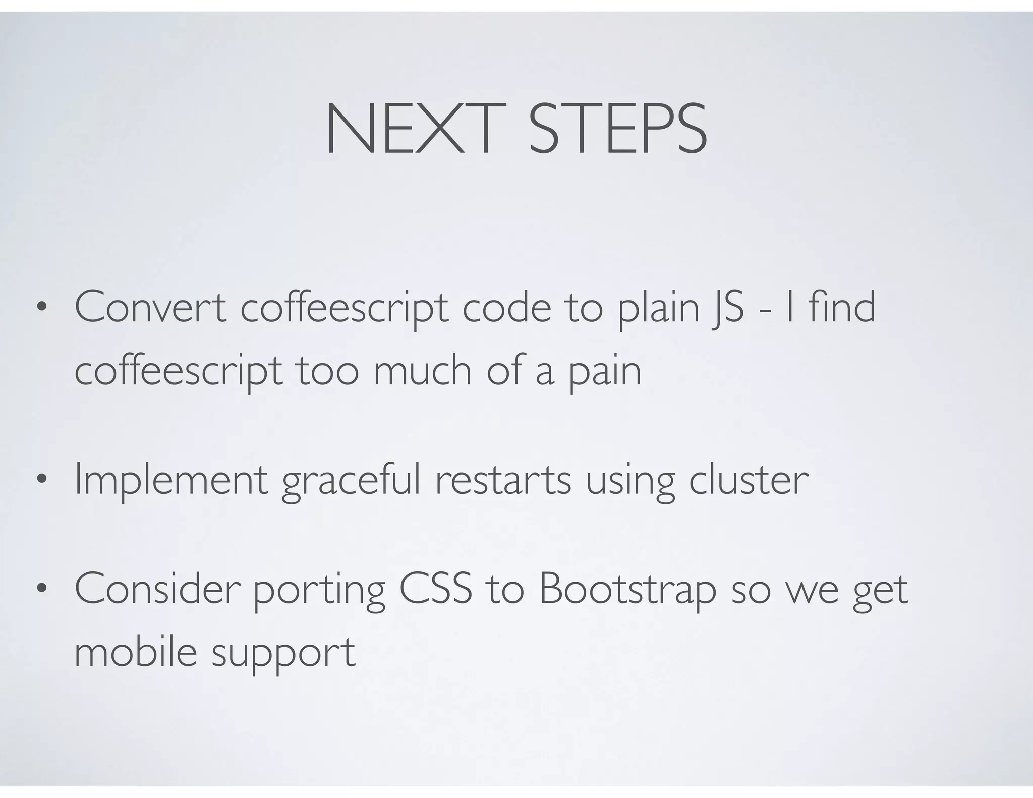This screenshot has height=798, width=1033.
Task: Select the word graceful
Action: tap(351, 480)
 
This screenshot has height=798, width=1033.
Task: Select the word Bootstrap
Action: tap(627, 590)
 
